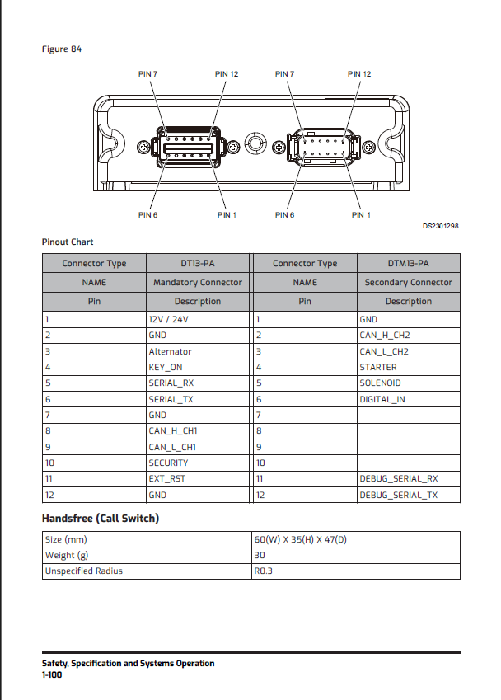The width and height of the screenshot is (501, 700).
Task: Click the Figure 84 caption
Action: coord(62,49)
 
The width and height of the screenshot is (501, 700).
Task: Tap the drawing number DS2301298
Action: coord(441,224)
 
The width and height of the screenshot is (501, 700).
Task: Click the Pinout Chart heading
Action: coord(68,242)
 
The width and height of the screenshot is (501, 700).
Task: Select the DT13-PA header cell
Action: coord(198,264)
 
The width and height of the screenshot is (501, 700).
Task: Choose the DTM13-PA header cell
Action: coord(408,264)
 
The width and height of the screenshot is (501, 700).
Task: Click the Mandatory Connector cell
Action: coord(198,283)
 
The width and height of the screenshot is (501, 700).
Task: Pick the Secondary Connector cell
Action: coord(408,283)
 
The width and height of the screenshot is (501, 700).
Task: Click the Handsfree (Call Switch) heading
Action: coord(101,519)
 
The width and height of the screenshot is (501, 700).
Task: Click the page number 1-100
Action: coord(53,674)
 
